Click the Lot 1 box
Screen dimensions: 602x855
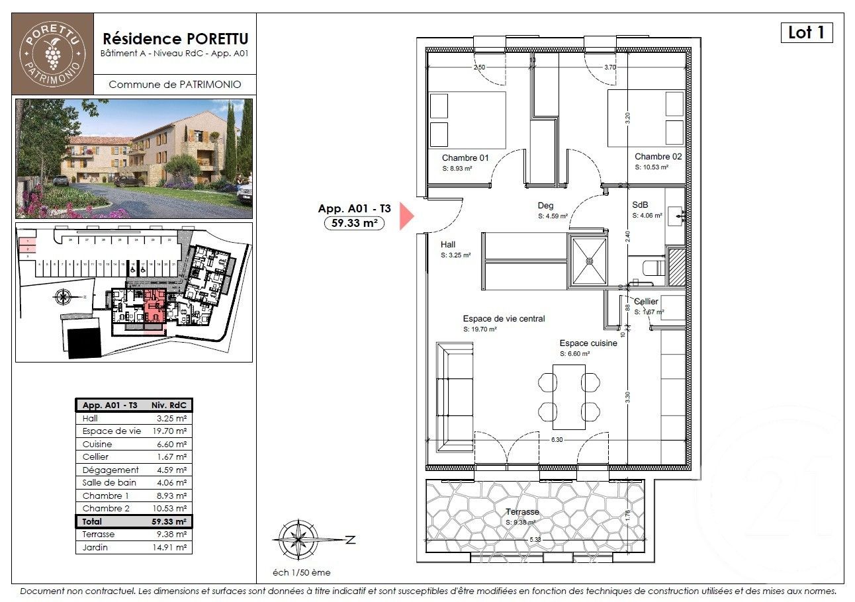tap(806, 32)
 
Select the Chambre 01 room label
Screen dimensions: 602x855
tap(465, 157)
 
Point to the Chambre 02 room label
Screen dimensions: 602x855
tap(658, 157)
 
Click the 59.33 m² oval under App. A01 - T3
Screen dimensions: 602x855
tap(355, 223)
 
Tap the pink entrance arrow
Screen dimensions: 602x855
tap(406, 217)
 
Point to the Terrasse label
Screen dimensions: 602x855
tap(522, 512)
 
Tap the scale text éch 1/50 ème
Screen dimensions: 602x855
tap(302, 572)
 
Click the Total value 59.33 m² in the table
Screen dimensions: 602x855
tap(171, 521)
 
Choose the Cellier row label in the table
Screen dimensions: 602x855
tap(95, 457)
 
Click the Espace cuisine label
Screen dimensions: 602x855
tap(588, 343)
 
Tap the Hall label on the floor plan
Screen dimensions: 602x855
tap(448, 244)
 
